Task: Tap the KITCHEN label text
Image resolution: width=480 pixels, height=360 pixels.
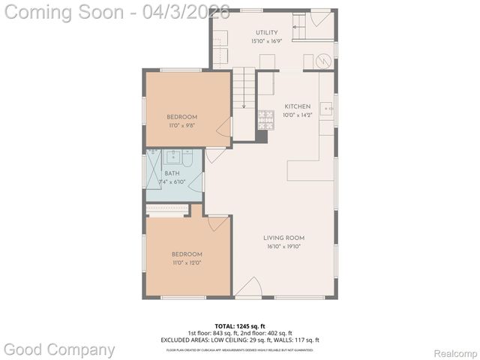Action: coord(297,106)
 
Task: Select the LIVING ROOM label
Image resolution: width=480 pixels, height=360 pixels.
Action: coord(283,238)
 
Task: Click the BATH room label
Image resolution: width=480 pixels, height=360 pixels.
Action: coord(172,173)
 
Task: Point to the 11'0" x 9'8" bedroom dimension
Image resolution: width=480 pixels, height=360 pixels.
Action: coord(181,124)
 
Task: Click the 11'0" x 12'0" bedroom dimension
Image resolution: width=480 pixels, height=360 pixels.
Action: coord(186,262)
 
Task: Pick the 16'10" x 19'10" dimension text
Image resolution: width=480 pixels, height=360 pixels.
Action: coord(283,246)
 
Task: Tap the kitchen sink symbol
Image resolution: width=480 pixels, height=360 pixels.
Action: coord(328,109)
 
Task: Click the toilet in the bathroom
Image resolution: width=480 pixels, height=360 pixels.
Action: coord(187,159)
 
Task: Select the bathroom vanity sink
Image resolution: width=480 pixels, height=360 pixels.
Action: coord(172,157)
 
